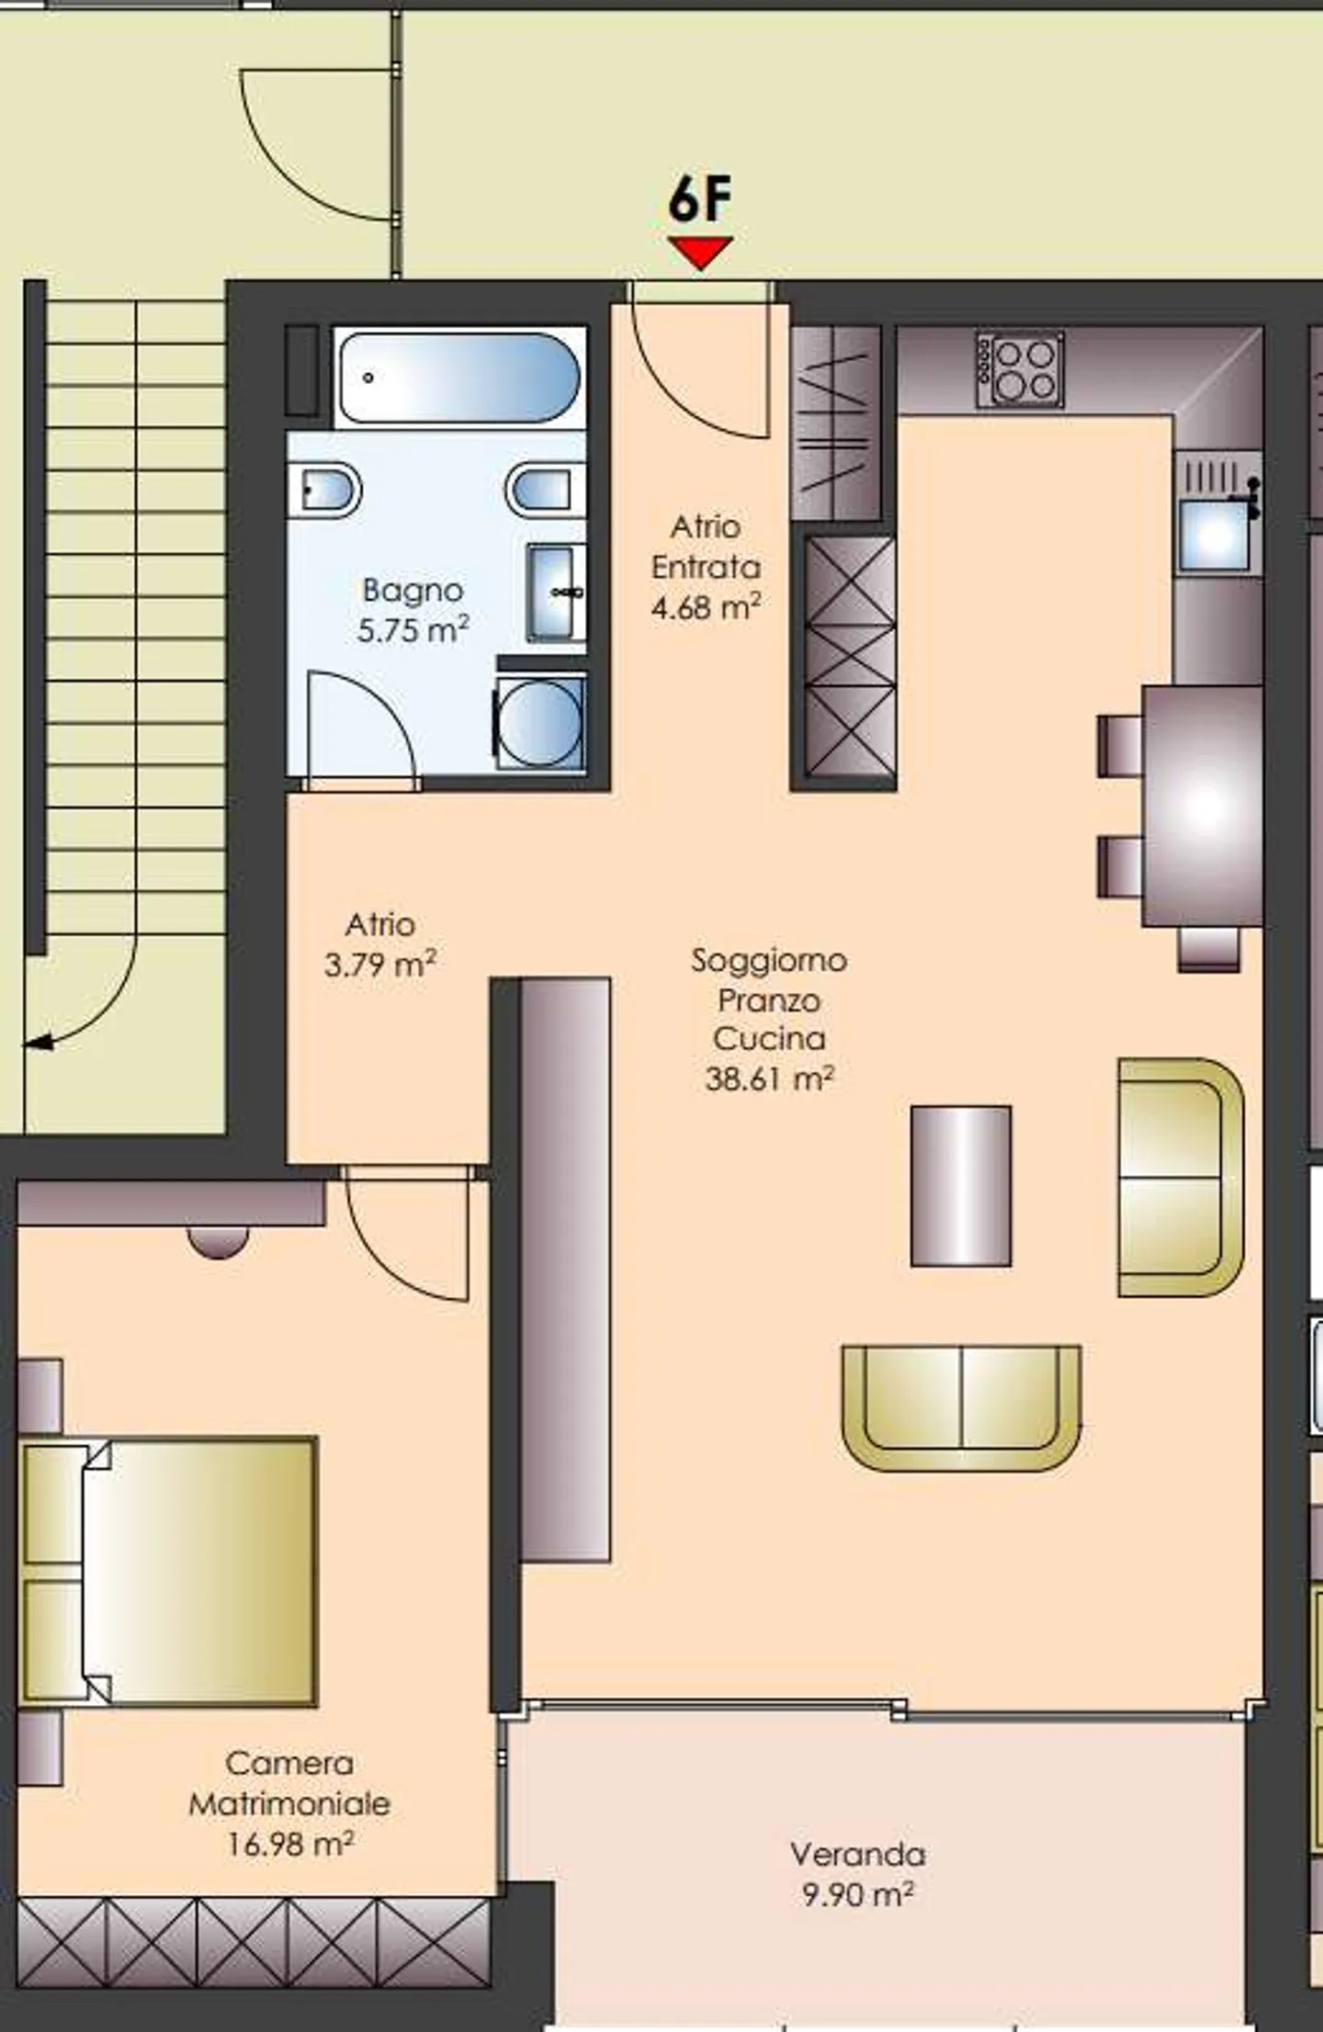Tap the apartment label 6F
(700, 200)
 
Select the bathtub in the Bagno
(458, 377)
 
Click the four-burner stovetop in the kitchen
(1021, 369)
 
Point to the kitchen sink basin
(1215, 535)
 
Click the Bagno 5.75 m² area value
(413, 630)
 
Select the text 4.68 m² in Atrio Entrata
(706, 607)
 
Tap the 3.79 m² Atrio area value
(379, 965)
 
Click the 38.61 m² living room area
(769, 1078)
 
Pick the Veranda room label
(857, 1854)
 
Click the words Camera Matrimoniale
(289, 1783)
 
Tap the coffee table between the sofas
(960, 1186)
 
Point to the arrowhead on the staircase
(37, 1043)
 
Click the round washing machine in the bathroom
(540, 723)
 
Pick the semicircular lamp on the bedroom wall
(218, 1242)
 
